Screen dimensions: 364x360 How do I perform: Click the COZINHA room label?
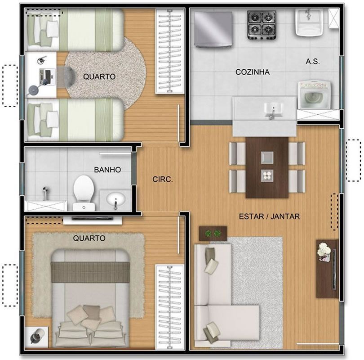(253, 72)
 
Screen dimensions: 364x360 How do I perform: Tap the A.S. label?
(313, 62)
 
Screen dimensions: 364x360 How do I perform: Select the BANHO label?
(107, 170)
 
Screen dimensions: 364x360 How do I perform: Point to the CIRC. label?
(163, 180)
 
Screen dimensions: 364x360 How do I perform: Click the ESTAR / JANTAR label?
(269, 216)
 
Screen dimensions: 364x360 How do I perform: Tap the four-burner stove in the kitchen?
(262, 25)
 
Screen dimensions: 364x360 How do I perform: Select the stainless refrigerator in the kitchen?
(213, 30)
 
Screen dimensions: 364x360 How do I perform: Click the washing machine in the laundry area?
(314, 95)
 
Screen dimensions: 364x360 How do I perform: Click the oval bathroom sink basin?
(116, 199)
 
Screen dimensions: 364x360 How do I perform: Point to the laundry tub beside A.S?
(309, 22)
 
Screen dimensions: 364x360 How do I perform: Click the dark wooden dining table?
(267, 167)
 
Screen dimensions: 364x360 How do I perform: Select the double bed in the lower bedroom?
(90, 298)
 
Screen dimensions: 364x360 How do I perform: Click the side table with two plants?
(213, 234)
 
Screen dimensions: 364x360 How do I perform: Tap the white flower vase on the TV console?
(324, 252)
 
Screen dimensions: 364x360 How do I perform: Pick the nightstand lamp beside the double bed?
(37, 337)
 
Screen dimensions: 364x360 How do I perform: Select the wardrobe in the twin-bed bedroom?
(170, 51)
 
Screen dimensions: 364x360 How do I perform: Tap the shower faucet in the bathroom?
(45, 193)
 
